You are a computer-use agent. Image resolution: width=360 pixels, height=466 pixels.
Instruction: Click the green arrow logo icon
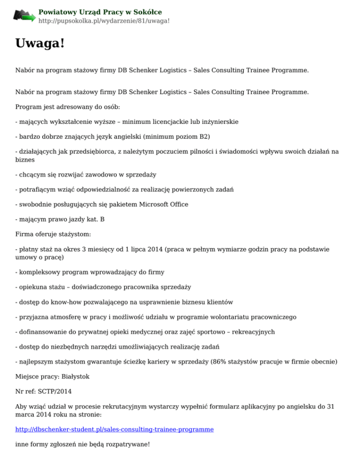tap(24, 16)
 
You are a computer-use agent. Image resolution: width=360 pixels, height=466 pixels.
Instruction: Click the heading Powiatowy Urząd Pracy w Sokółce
tap(100, 12)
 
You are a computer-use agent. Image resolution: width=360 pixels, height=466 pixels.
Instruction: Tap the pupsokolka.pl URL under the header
tap(104, 21)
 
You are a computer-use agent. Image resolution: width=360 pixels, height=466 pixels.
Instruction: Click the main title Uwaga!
tap(39, 44)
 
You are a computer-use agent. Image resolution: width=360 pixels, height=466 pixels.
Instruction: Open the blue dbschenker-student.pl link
tap(114, 429)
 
